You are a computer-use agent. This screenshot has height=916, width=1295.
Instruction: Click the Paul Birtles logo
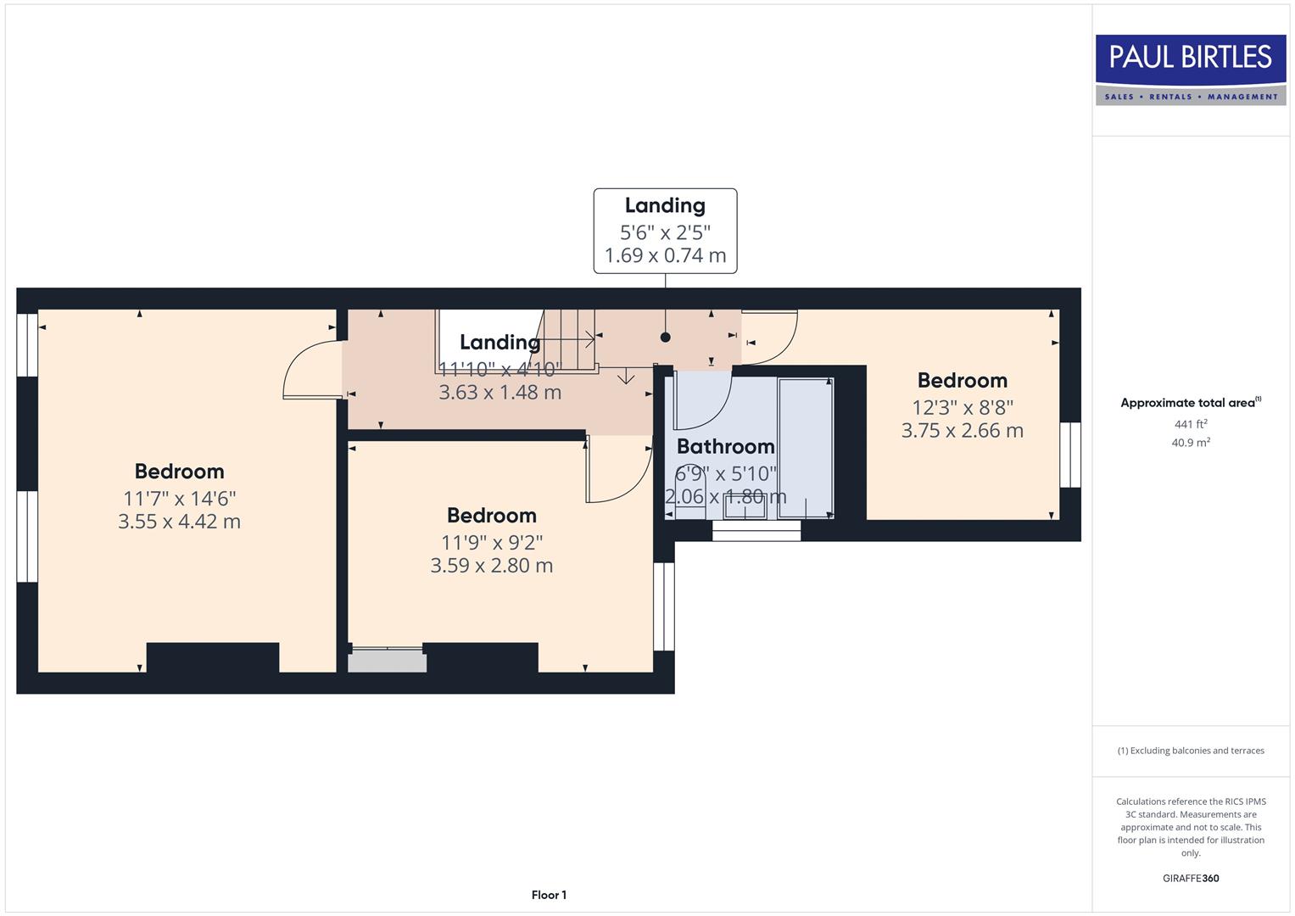[1191, 70]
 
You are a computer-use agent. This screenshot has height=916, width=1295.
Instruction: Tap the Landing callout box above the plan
[665, 231]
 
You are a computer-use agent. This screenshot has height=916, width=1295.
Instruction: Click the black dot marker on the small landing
[666, 338]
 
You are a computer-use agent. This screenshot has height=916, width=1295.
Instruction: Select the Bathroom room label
[725, 446]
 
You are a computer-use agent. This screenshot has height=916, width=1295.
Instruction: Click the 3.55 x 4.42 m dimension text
[179, 522]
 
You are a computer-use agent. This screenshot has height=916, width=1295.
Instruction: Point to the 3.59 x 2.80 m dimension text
[491, 566]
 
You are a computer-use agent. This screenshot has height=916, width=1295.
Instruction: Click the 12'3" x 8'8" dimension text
[962, 407]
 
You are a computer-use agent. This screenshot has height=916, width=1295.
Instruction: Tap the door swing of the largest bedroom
[310, 370]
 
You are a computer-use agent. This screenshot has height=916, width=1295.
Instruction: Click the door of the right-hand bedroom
[770, 338]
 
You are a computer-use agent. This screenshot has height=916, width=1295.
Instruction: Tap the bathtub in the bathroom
[805, 448]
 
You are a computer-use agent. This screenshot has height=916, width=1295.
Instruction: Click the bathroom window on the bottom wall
[756, 531]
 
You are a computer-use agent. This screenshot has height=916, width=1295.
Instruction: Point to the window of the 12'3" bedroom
[1070, 455]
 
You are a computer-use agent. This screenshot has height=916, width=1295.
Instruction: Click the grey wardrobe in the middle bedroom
[388, 661]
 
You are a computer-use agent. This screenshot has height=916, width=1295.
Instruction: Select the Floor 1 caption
[549, 895]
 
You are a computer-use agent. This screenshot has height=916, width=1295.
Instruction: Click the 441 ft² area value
[1191, 424]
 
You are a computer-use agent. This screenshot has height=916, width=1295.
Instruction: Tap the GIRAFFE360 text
[1191, 878]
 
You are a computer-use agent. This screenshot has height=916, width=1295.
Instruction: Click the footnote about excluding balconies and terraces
[1191, 751]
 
